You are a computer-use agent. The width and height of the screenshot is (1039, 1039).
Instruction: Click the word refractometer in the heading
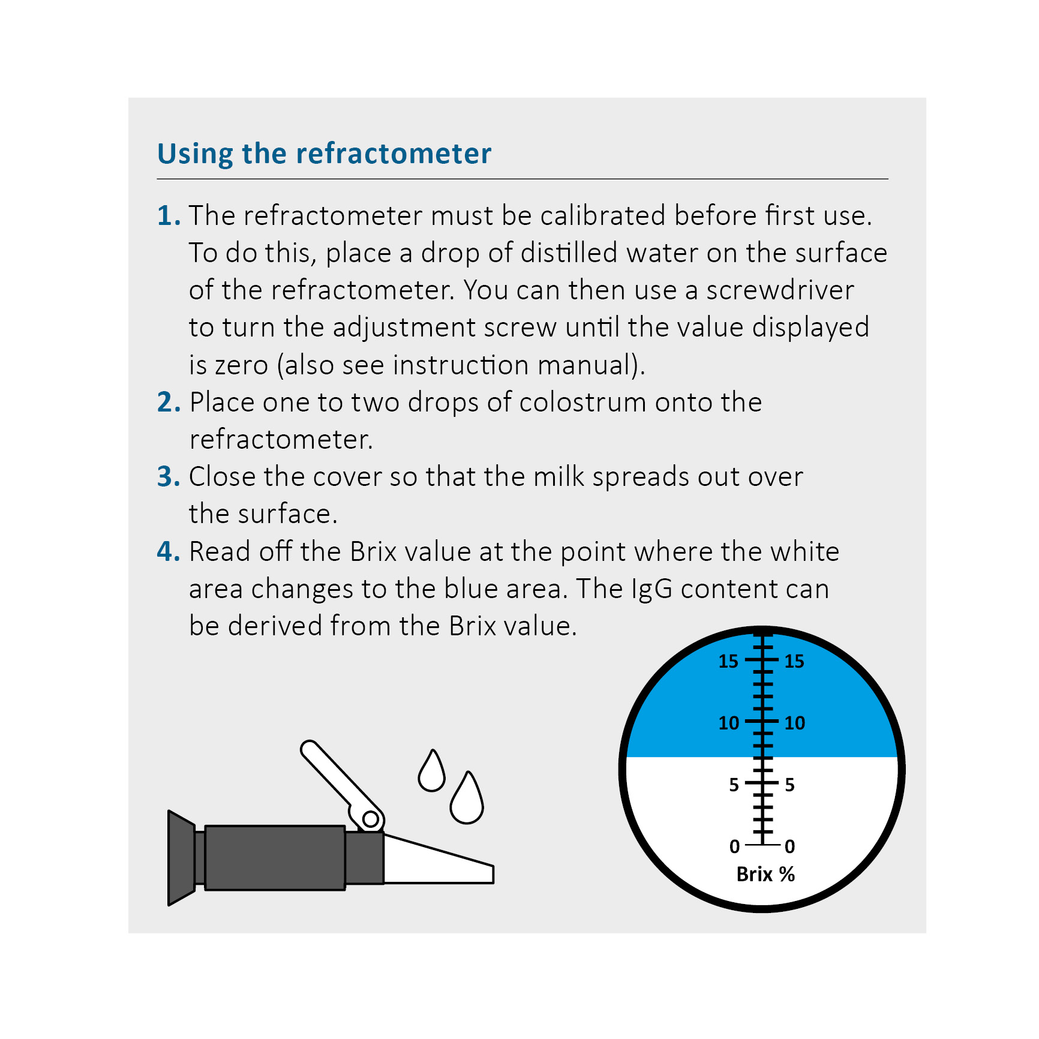click(x=394, y=154)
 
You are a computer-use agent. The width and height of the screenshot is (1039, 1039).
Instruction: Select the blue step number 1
click(x=167, y=216)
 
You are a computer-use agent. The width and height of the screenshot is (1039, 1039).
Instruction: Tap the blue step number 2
click(x=168, y=403)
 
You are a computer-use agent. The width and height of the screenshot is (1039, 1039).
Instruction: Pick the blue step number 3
click(x=168, y=477)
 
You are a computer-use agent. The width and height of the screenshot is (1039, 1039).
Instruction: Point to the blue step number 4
click(x=168, y=551)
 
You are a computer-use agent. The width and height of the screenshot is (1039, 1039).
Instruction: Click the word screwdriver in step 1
click(x=780, y=290)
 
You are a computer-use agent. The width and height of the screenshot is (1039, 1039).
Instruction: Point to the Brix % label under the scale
click(x=765, y=874)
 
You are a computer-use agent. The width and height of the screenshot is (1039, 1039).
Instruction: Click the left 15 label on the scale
click(x=728, y=661)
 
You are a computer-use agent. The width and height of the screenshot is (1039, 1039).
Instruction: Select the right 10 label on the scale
click(x=795, y=723)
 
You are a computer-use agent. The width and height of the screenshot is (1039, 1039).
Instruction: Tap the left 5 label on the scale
click(x=734, y=785)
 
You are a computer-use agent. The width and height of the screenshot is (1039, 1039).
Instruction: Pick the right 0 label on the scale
click(x=790, y=846)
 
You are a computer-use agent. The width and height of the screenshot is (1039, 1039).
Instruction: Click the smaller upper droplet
click(x=432, y=773)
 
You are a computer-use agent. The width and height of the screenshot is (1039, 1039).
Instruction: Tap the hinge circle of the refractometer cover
click(x=371, y=819)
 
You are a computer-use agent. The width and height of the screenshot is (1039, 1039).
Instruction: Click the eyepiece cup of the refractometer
click(x=181, y=858)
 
